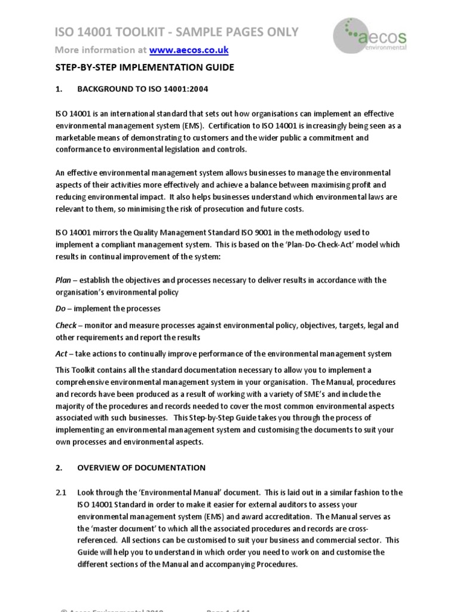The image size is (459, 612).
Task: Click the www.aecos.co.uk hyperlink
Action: (x=188, y=50)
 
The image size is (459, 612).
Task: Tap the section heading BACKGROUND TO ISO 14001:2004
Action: (x=143, y=89)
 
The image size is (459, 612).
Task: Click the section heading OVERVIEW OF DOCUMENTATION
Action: (x=141, y=467)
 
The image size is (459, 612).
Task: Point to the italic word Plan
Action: (x=63, y=280)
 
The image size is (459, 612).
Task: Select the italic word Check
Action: (x=66, y=325)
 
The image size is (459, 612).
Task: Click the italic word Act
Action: (x=62, y=353)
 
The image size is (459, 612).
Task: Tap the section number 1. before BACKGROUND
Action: (x=59, y=89)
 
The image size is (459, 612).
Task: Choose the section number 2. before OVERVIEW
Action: (x=59, y=467)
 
